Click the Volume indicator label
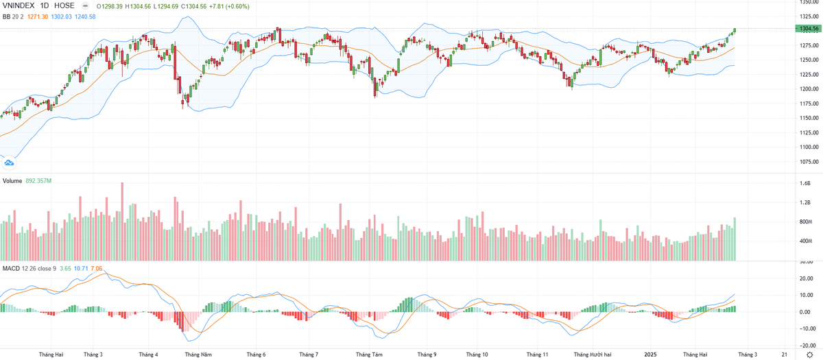click(x=12, y=181)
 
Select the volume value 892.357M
click(x=39, y=181)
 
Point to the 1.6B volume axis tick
click(x=804, y=184)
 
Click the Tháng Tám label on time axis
click(x=369, y=355)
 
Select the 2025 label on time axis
click(x=651, y=355)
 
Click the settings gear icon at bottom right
click(x=809, y=355)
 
